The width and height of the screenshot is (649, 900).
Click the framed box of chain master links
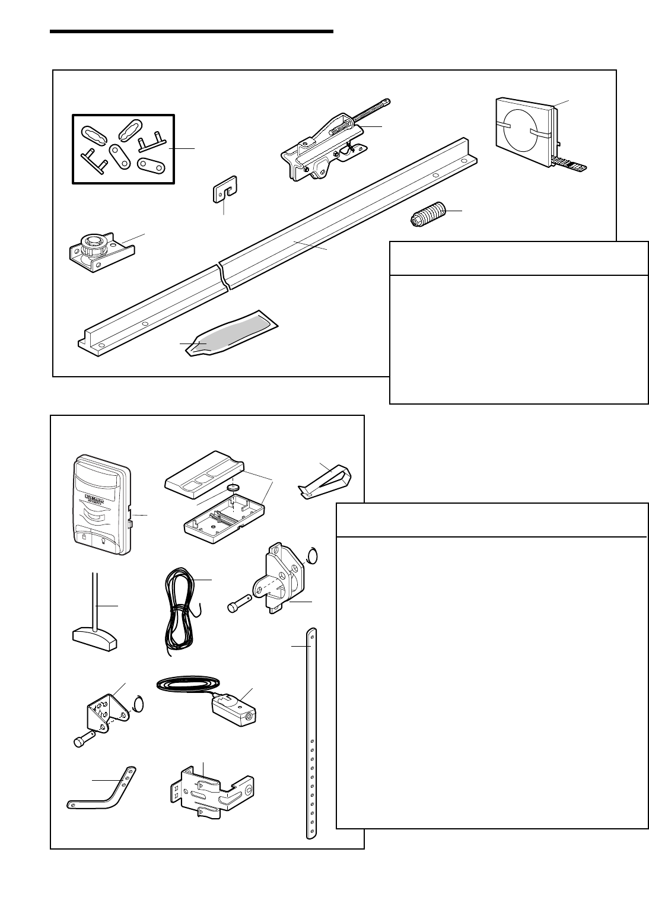point(123,148)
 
